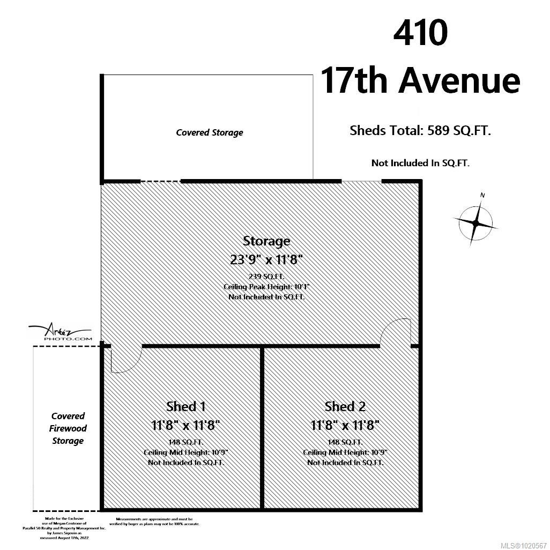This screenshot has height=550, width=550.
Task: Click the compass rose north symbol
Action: click(475, 221)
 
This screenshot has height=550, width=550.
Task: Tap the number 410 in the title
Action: click(420, 34)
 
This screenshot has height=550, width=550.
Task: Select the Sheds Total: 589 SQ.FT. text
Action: click(420, 130)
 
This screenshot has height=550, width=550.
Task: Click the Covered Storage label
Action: click(209, 132)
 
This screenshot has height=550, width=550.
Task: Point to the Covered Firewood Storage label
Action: click(68, 428)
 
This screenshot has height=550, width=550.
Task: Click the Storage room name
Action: click(266, 241)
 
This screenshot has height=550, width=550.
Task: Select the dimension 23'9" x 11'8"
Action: click(266, 259)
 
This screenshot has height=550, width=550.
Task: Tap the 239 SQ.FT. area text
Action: click(266, 276)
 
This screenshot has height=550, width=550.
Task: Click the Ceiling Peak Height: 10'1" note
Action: click(266, 287)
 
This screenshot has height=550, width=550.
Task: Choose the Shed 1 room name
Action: click(185, 406)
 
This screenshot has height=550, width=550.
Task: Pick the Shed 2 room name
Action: click(345, 406)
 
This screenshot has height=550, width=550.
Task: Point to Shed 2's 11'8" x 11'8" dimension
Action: click(345, 425)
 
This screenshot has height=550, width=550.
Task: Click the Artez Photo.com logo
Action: click(60, 333)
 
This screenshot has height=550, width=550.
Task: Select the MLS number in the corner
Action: click(524, 544)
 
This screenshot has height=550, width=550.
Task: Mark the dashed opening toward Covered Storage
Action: click(160, 181)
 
